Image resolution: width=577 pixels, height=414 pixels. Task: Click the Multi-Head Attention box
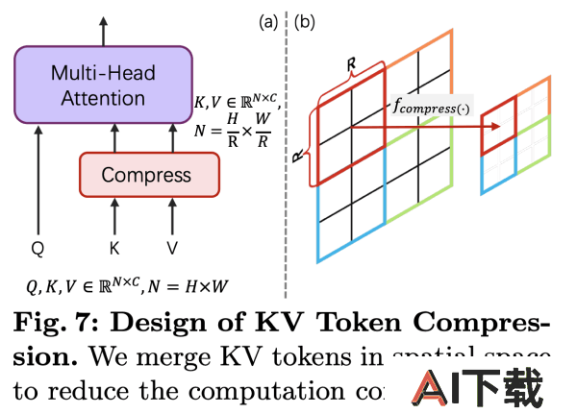pos(103,85)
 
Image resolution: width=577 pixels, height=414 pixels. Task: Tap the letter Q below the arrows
pos(38,249)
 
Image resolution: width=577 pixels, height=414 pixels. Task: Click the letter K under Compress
pos(114,249)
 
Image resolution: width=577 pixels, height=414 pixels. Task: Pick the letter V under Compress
pos(172,249)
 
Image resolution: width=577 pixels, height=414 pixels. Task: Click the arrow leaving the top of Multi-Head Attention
pos(104,29)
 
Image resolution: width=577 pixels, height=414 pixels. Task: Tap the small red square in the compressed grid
pos(499,131)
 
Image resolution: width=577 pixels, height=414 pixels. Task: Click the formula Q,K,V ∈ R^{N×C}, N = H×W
pos(131,286)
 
